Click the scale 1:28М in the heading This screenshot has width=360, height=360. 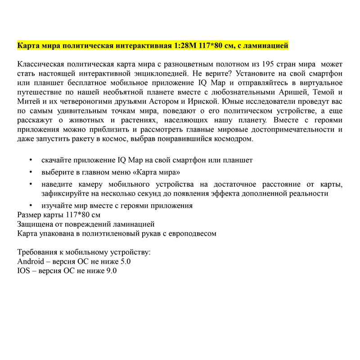point(185,45)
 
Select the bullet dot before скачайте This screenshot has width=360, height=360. point(30,160)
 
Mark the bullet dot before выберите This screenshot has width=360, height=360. point(30,172)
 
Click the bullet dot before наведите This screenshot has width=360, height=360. point(30,184)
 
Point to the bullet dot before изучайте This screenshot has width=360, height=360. point(30,206)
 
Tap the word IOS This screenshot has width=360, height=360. point(24,271)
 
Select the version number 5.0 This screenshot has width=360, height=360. point(125,261)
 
